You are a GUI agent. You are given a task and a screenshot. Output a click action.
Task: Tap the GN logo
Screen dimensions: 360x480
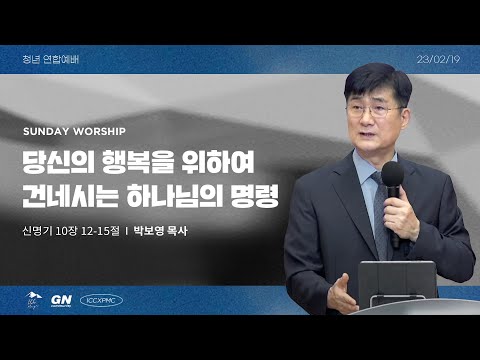65,298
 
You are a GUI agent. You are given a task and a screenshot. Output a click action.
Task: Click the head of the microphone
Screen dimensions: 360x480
392,179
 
